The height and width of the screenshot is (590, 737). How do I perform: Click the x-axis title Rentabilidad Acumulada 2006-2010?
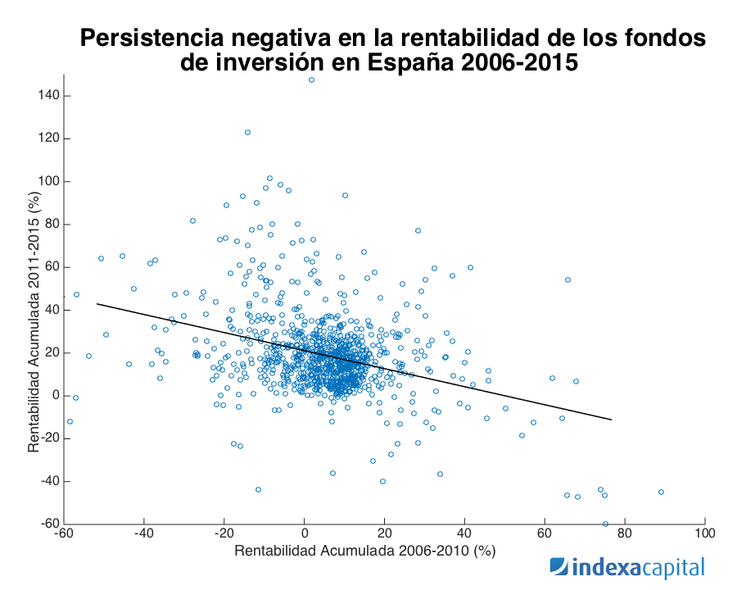pos(365,552)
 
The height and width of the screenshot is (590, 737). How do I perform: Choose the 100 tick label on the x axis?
pos(704,533)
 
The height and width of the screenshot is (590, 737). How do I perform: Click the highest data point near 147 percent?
pos(311,79)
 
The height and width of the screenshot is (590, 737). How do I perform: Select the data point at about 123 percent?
pos(247,132)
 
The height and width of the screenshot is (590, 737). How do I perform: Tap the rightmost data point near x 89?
pos(661,492)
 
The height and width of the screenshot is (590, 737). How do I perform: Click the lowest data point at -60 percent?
pos(606,524)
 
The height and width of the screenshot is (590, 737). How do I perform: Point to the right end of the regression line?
pos(612,420)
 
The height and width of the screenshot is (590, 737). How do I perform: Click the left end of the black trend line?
pos(97,303)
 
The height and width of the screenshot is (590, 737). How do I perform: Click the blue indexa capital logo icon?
pos(558,567)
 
